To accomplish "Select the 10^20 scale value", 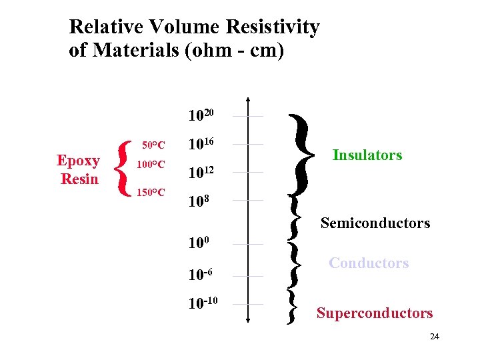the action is click(x=201, y=116).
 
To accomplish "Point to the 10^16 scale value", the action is click(x=201, y=144).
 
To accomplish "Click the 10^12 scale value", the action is click(x=201, y=173).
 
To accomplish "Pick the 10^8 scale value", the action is click(x=199, y=200).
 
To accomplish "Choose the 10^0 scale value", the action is click(x=199, y=243).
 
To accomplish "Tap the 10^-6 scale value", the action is click(x=200, y=275).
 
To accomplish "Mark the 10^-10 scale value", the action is click(x=202, y=304).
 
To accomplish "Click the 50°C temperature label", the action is click(x=154, y=145).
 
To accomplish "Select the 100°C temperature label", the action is click(x=151, y=164).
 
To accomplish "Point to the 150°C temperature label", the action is click(x=151, y=193).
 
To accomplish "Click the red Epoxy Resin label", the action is click(x=79, y=169).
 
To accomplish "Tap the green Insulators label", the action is click(x=367, y=155).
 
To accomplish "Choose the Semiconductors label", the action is click(x=375, y=223).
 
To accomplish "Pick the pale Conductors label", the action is click(x=369, y=263).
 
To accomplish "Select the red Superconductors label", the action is click(x=375, y=313).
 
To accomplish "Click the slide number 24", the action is click(x=435, y=336).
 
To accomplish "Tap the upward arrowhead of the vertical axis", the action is click(x=248, y=101).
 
